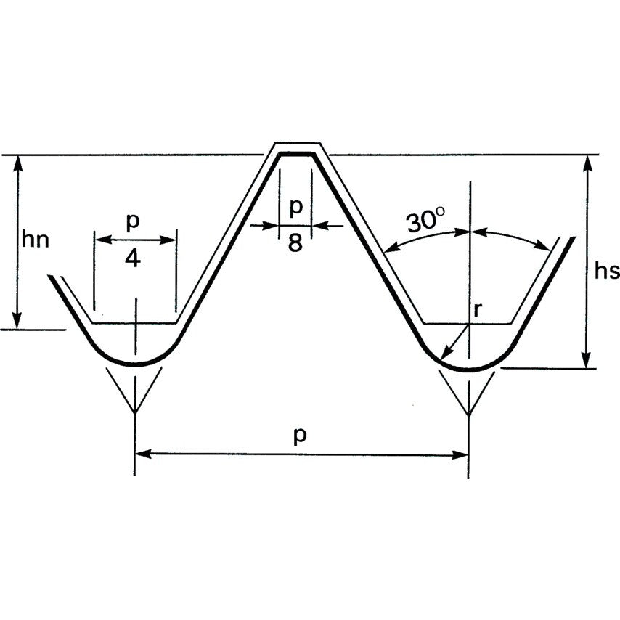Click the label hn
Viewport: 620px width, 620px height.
click(x=36, y=239)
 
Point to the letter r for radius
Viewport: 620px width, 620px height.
click(x=477, y=309)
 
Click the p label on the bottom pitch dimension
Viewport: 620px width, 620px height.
click(x=299, y=435)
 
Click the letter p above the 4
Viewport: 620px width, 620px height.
click(x=132, y=221)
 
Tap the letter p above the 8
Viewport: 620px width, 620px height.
click(x=295, y=207)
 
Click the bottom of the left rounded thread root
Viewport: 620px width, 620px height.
click(x=135, y=364)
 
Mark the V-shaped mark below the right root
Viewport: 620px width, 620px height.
click(x=469, y=396)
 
